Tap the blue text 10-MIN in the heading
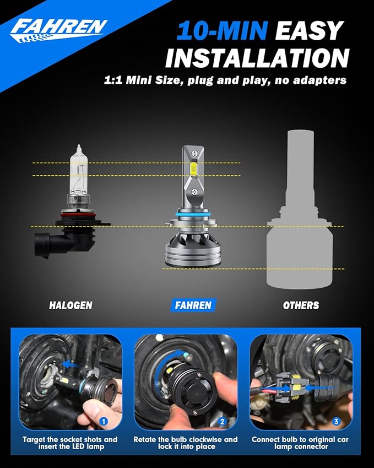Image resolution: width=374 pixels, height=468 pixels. pos(222,30)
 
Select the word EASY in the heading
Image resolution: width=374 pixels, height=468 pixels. pos(308,30)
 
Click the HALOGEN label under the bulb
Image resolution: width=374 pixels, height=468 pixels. pos(71,305)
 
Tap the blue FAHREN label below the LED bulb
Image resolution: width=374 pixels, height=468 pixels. pos(193,305)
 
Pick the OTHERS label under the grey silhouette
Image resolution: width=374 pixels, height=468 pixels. pos(301,305)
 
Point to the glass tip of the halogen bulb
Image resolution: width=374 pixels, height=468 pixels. pos(79,147)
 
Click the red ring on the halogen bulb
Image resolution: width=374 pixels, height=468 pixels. pos(78,214)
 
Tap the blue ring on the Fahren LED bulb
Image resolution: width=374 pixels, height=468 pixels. pos(193,214)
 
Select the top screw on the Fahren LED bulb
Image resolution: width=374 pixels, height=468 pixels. pos(194,153)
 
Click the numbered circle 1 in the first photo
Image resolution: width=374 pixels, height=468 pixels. pos(104,422)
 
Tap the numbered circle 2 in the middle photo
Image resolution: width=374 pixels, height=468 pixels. pos(222,422)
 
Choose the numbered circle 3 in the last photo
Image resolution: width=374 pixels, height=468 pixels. pos(336,422)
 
